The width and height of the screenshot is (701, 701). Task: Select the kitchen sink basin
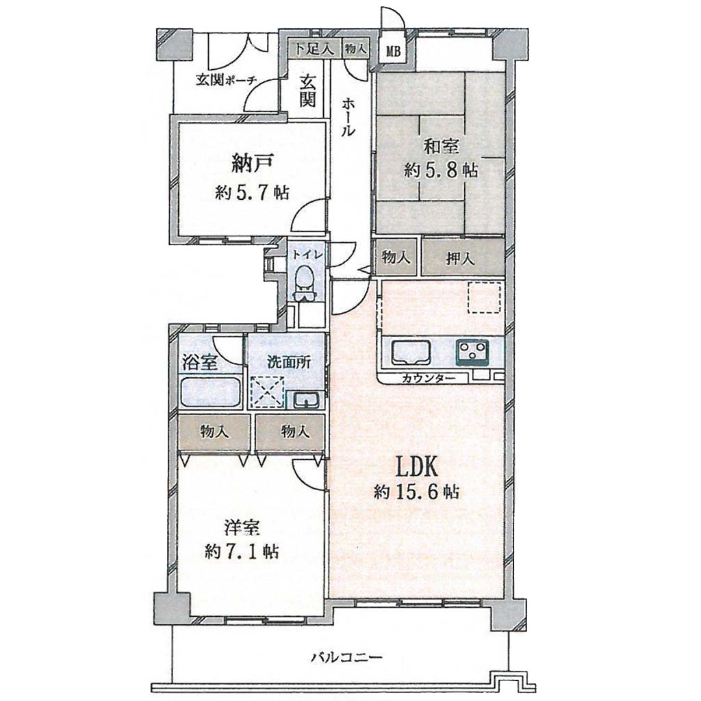pyautogui.click(x=411, y=353)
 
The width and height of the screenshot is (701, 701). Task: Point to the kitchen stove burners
pyautogui.click(x=472, y=350)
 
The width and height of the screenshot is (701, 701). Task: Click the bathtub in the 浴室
pyautogui.click(x=211, y=392)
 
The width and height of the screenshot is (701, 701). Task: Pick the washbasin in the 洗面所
pyautogui.click(x=306, y=399)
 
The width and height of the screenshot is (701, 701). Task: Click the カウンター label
pyautogui.click(x=429, y=379)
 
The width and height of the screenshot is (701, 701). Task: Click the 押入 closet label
pyautogui.click(x=460, y=258)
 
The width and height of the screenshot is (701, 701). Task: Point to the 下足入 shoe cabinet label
pyautogui.click(x=314, y=49)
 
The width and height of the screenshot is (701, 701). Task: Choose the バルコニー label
pyautogui.click(x=346, y=657)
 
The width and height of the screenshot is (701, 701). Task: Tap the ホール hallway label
pyautogui.click(x=348, y=117)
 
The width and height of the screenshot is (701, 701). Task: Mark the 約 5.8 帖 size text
pyautogui.click(x=441, y=170)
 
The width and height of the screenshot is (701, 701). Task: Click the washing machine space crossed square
pyautogui.click(x=267, y=392)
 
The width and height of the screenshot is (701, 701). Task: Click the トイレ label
pyautogui.click(x=304, y=255)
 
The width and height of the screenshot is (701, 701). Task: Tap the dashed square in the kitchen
pyautogui.click(x=484, y=297)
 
